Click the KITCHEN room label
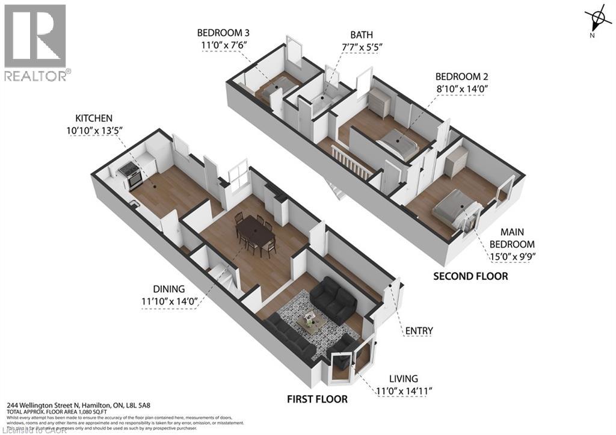94,118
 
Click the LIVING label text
402,378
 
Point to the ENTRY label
419,330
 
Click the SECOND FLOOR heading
471,276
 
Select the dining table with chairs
255,233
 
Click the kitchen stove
131,174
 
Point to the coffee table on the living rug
312,322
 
